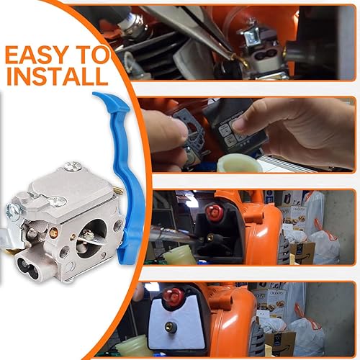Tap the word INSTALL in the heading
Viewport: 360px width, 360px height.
click(x=57, y=76)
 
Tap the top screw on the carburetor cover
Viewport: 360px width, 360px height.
click(x=73, y=166)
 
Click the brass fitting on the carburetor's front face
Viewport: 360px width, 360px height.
click(x=53, y=232)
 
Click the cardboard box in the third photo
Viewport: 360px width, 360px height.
click(x=302, y=253)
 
